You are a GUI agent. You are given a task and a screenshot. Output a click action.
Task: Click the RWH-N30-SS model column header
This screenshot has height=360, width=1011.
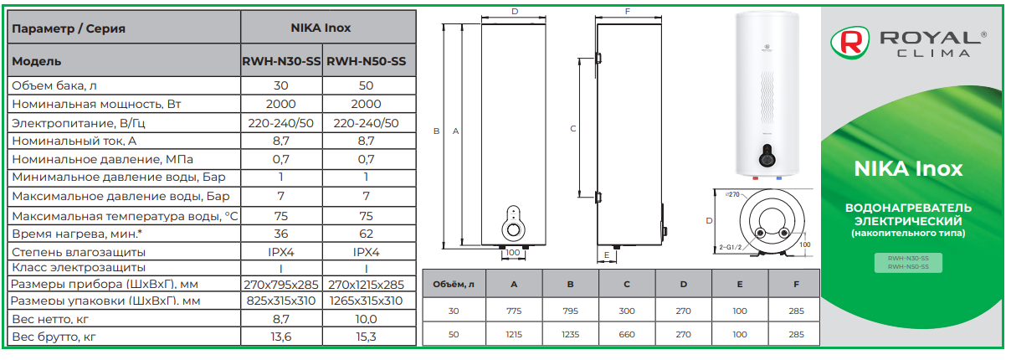coord(281,61)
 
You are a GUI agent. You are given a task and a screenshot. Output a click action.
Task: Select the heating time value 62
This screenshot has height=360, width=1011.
coord(366,234)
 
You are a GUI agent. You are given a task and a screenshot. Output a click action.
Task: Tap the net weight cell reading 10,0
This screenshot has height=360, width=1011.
coord(366,319)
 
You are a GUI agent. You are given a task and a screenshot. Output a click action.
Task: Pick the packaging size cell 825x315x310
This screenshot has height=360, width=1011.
coord(281,301)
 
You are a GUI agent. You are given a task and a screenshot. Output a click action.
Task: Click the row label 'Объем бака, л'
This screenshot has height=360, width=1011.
coord(54,86)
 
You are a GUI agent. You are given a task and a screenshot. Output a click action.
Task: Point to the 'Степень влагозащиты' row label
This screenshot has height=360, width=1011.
coord(79,252)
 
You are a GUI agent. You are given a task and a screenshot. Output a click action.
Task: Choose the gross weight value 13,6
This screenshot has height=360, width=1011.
coord(281,337)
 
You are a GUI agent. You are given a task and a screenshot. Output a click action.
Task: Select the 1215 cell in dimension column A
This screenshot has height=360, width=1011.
coord(514,335)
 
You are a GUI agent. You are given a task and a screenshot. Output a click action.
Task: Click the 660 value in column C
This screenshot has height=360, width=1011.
coord(627,335)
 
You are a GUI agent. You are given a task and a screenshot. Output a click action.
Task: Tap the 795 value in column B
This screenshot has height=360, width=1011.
coord(571,311)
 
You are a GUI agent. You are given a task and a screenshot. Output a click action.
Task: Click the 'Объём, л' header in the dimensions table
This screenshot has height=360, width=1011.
coord(454,285)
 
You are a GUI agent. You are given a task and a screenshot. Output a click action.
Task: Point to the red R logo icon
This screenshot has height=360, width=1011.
coord(849,43)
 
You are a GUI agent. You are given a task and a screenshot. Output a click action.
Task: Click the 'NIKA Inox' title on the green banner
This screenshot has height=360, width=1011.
coord(908,169)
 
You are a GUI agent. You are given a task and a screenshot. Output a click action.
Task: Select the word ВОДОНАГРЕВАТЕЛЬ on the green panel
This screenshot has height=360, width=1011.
coord(908,208)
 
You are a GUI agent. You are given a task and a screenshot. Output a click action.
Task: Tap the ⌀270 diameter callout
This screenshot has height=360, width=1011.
coord(733,195)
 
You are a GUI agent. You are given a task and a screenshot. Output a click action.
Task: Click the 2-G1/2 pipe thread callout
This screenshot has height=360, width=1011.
coord(731,247)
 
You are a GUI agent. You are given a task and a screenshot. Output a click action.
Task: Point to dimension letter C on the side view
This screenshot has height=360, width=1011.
coord(573,129)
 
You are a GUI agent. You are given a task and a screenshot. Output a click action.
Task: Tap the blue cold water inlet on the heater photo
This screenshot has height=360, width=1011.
coord(779,178)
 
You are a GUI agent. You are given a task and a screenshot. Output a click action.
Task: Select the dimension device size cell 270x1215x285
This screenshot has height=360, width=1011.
coord(366,285)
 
